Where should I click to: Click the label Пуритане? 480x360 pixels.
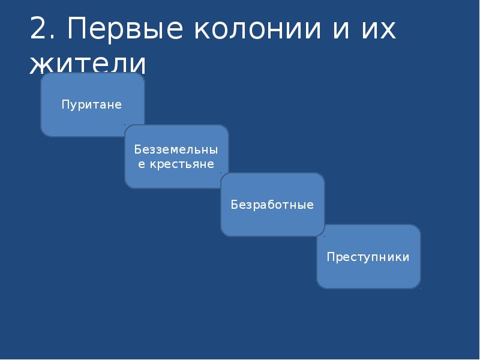92,105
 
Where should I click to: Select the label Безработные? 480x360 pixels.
272,205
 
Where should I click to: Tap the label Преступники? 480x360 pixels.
368,257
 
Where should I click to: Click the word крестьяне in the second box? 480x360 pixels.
181,164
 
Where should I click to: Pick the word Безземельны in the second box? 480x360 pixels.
176,149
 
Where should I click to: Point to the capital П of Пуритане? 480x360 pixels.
65,105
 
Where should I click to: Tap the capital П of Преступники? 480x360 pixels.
331,257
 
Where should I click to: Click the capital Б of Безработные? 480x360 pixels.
235,205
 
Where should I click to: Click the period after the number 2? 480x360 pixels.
52,38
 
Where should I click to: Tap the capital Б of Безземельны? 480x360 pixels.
137,149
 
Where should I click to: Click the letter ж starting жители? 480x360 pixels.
41,65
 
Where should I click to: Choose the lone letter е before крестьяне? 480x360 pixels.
142,164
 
